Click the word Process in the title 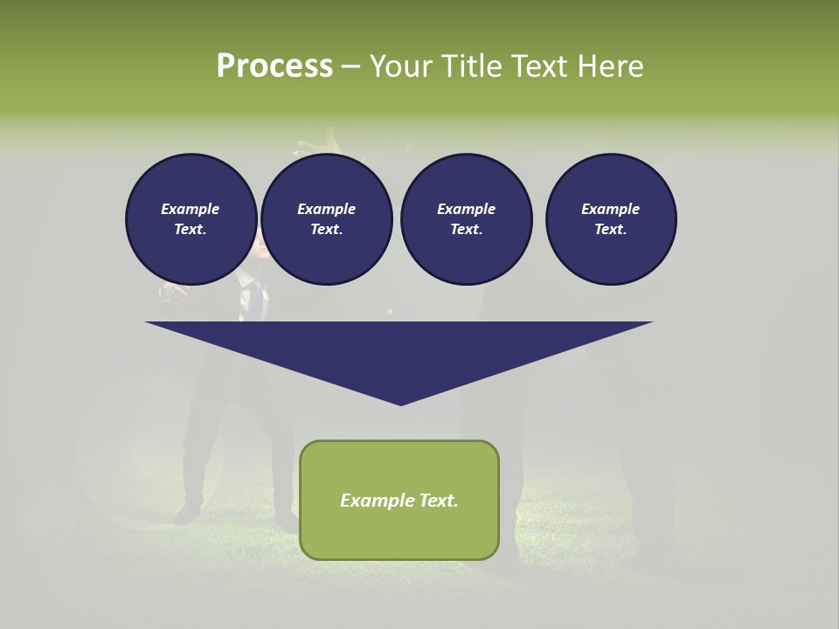[x=274, y=66]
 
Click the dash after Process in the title [x=351, y=67]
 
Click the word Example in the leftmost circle [x=191, y=209]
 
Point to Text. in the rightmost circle [x=611, y=229]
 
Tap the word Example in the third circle [x=466, y=209]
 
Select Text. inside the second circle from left [x=327, y=229]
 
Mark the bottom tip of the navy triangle [x=400, y=404]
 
